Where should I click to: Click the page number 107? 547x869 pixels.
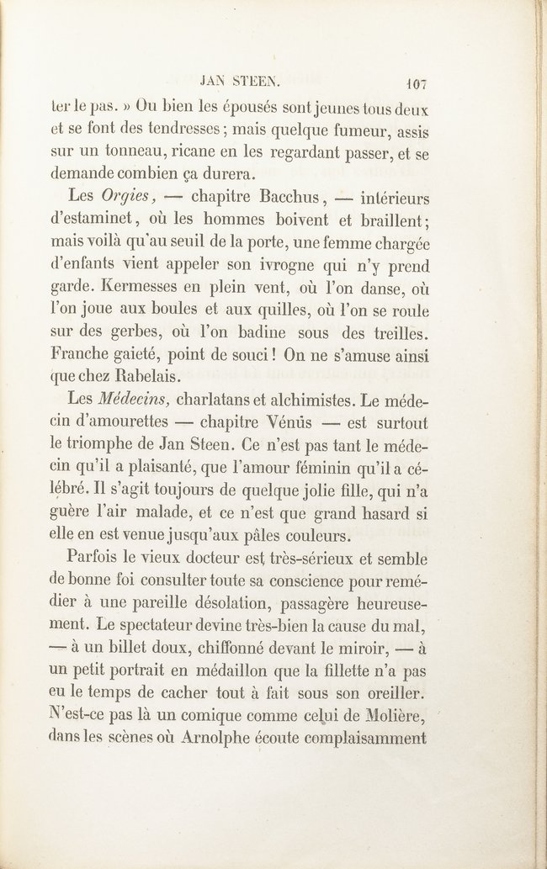click(x=417, y=84)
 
